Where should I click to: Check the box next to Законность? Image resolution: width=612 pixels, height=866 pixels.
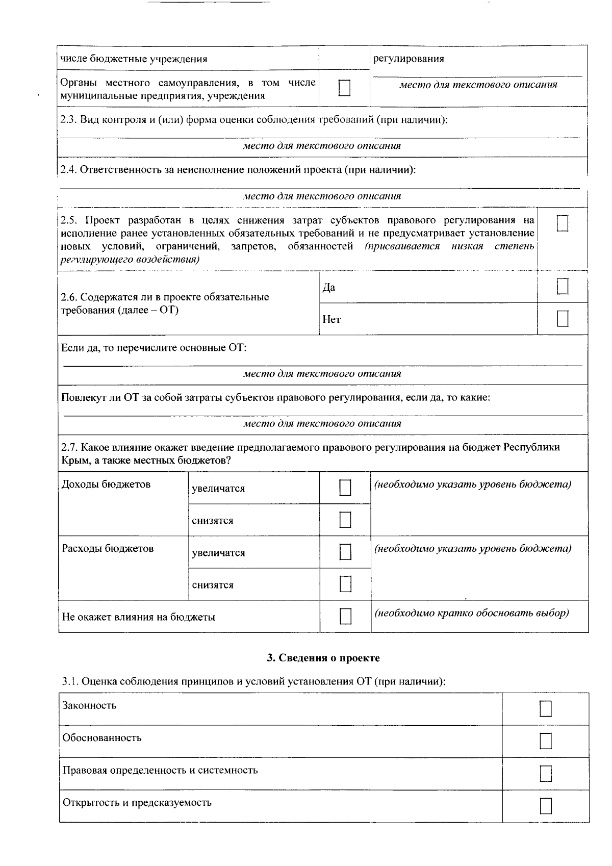click(x=545, y=708)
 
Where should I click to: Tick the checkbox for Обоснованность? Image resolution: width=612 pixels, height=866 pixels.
click(x=545, y=741)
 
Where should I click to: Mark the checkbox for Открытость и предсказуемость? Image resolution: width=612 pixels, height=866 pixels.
click(x=545, y=805)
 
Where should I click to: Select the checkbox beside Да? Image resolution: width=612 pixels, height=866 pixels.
click(x=562, y=287)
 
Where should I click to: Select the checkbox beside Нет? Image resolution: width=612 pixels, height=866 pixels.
click(x=562, y=319)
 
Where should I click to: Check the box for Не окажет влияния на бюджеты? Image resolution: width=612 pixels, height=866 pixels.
click(x=345, y=616)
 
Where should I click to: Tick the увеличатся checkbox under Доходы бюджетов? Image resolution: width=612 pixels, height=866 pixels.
click(x=345, y=488)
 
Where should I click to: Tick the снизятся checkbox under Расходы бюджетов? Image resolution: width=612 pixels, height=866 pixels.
click(x=345, y=584)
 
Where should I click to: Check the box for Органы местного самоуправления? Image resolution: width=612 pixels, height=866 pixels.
click(x=344, y=88)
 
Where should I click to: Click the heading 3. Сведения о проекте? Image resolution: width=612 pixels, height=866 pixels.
click(x=323, y=658)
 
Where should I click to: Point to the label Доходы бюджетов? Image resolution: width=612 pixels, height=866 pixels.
click(x=106, y=484)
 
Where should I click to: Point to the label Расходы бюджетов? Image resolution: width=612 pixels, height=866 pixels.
click(x=107, y=548)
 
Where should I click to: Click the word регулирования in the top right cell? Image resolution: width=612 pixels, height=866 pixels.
click(x=408, y=59)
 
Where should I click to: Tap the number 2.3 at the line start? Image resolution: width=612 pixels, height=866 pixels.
click(x=67, y=120)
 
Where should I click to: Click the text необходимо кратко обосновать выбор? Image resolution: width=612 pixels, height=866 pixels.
click(x=472, y=613)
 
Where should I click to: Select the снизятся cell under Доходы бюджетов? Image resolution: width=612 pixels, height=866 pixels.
click(x=212, y=520)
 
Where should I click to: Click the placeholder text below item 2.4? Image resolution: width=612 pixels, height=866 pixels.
click(x=322, y=196)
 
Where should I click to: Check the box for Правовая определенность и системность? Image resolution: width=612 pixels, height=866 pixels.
click(x=545, y=773)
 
